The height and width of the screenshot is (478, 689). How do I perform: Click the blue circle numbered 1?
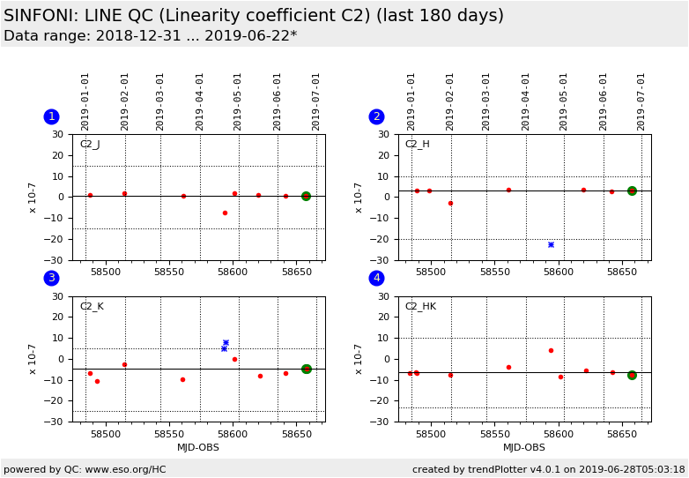tap(51, 116)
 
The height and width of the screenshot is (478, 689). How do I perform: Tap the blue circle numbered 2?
tap(376, 116)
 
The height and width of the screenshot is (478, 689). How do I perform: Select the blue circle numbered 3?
tap(51, 278)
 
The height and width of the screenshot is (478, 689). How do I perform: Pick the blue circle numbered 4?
tap(376, 278)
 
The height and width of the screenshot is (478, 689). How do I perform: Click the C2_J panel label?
tap(90, 145)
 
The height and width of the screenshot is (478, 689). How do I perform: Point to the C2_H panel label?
tap(417, 145)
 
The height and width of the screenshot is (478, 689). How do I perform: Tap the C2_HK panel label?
tap(420, 307)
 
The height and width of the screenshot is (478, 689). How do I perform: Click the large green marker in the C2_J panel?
tap(306, 196)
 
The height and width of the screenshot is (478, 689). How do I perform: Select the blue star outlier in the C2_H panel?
tap(551, 244)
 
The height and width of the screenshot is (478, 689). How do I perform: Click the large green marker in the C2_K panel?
tap(306, 369)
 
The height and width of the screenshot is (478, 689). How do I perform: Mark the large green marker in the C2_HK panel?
tap(632, 375)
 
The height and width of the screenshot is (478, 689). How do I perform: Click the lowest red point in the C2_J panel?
tap(225, 213)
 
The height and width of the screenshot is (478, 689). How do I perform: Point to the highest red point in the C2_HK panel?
tap(551, 350)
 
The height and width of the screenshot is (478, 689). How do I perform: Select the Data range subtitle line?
tap(150, 36)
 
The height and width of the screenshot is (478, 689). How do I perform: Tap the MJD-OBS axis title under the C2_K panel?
tap(198, 447)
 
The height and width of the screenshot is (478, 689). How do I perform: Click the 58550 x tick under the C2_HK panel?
tap(495, 434)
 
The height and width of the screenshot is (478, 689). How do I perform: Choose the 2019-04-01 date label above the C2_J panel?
tap(200, 101)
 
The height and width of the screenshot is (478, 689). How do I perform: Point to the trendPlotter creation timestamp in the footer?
tap(549, 470)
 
